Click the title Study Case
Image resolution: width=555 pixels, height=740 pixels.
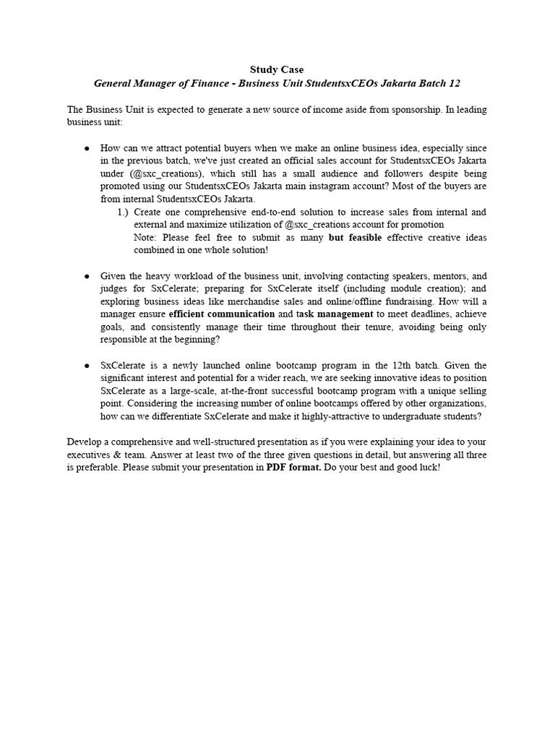[x=277, y=69]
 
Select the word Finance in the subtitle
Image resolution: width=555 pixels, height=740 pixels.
[x=216, y=83]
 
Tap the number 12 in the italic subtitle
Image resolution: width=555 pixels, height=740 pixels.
[x=453, y=83]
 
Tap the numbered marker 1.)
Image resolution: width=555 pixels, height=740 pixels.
[x=122, y=212]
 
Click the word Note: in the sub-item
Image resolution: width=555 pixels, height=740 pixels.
[x=147, y=238]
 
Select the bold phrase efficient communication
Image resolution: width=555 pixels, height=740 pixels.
[x=221, y=314]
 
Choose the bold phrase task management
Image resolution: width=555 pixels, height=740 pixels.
[x=335, y=314]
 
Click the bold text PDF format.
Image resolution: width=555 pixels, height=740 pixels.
[x=293, y=468]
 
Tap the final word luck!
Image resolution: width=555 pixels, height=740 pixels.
[x=426, y=468]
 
